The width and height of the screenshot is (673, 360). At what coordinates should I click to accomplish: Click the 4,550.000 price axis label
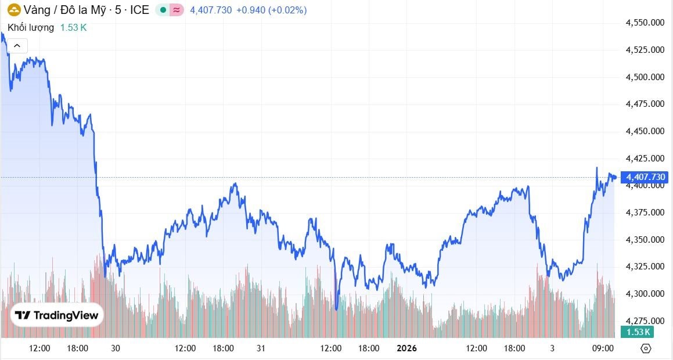point(645,23)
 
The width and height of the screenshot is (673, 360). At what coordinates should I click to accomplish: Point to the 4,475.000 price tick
point(645,104)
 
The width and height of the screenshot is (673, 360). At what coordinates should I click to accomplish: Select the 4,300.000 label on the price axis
point(645,294)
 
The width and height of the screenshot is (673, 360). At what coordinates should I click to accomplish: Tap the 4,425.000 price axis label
point(645,158)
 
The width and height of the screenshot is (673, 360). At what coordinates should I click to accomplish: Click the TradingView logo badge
point(57,315)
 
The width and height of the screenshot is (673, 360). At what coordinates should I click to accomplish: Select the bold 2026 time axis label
point(406,348)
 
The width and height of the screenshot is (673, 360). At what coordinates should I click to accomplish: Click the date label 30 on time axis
point(116,348)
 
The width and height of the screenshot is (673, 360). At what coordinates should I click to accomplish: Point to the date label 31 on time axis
point(261,348)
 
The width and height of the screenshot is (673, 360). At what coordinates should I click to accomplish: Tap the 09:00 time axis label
point(603,348)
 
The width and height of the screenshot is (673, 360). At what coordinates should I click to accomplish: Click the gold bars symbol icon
point(13,10)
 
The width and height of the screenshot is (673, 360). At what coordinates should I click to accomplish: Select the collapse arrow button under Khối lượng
point(17,45)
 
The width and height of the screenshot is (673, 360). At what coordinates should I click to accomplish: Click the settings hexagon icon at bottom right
point(646,348)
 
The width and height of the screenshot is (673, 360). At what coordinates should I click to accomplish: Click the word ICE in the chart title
point(139,10)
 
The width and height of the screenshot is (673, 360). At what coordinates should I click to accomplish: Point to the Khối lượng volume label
point(31,27)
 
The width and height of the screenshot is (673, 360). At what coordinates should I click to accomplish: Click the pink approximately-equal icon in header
point(177,10)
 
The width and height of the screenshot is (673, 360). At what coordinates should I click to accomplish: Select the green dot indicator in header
point(163,10)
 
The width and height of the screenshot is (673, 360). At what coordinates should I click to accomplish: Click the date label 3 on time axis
point(552,348)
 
